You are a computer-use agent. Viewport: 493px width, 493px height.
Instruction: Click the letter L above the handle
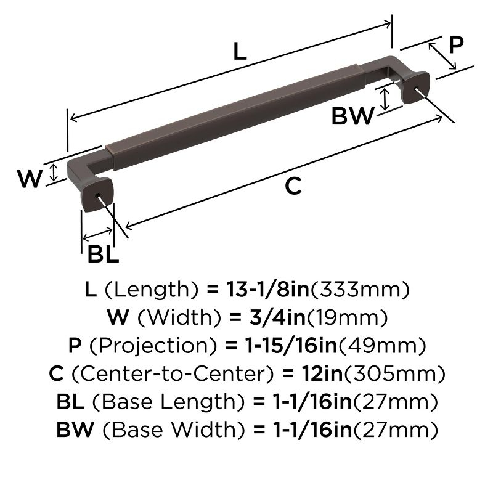240,51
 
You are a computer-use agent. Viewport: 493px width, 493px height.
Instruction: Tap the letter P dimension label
455,45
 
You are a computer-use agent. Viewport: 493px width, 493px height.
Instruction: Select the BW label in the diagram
353,116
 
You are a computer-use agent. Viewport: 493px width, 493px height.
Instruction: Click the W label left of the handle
29,179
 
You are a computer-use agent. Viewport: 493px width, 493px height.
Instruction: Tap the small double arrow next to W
54,173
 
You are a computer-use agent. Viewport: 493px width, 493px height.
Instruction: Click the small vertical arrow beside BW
385,99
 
